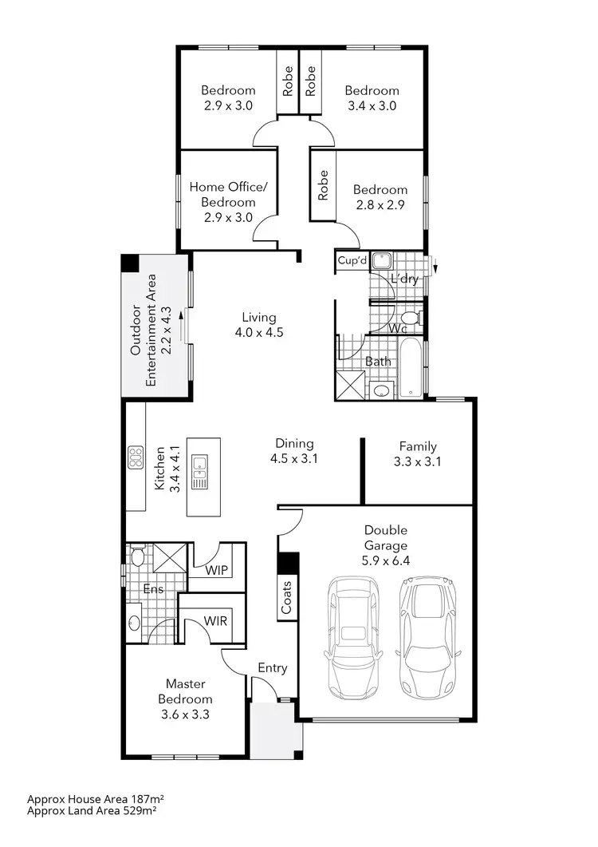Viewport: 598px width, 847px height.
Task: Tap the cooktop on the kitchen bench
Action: point(134,458)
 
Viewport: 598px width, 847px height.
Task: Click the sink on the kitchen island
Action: point(199,472)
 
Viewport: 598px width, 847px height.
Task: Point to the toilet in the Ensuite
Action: point(137,555)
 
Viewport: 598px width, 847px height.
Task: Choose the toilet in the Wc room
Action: point(412,318)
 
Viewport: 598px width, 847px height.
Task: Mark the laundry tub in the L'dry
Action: point(382,261)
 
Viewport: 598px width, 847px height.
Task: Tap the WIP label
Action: point(216,571)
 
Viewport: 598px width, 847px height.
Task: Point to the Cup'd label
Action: point(352,261)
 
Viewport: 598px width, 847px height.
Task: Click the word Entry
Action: point(272,668)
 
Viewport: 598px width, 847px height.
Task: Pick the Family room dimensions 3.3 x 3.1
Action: point(418,461)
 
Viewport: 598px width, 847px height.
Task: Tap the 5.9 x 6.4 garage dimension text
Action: point(386,561)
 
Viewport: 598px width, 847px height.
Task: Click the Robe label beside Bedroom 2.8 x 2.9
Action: point(323,186)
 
